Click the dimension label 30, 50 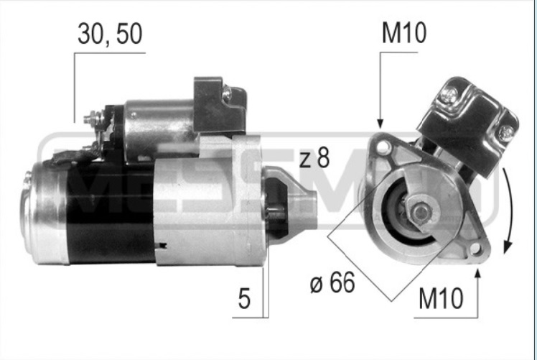110,34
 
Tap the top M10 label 404,33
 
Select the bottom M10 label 441,298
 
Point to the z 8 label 314,158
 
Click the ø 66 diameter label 332,284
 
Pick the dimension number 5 244,298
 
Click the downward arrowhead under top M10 380,124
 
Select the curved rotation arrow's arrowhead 508,247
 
